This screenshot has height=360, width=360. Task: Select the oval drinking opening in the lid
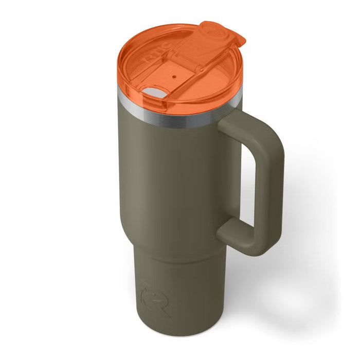153,93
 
